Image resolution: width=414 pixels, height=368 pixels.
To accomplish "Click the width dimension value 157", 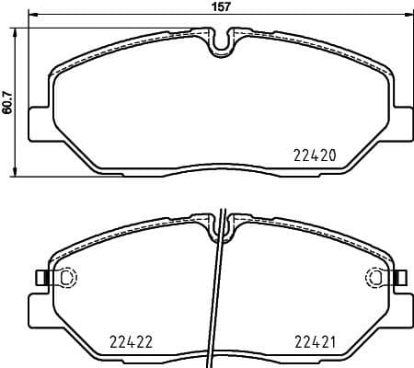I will point(220,6).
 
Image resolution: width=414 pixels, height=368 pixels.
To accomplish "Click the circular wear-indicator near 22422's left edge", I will point(65,278).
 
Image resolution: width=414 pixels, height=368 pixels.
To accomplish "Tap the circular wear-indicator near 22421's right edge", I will point(376,278).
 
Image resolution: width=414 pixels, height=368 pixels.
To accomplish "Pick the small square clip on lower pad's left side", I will point(40,278).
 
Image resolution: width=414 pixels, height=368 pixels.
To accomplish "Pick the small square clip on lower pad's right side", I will point(402,278).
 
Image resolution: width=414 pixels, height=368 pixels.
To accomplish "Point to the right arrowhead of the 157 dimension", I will point(408,17).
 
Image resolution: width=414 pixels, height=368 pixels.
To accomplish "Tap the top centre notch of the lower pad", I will point(221,225).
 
